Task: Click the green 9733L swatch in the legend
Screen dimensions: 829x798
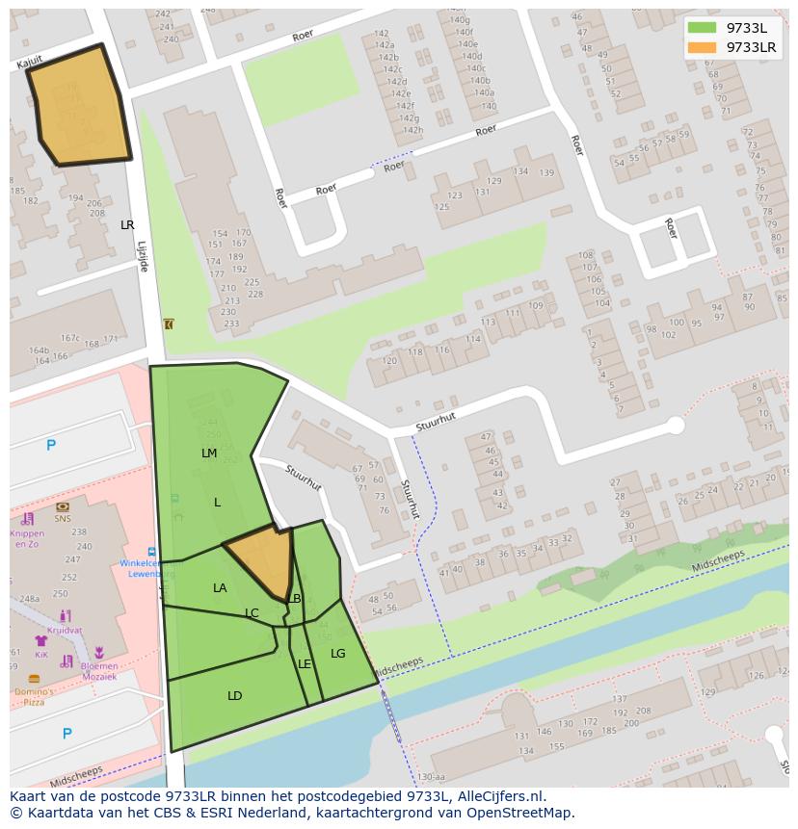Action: coord(702,28)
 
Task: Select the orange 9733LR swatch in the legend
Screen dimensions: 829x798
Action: coord(702,47)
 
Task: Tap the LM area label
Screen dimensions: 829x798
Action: coord(209,453)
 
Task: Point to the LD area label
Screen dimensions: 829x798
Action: coord(234,695)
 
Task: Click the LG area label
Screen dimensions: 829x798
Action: coord(337,653)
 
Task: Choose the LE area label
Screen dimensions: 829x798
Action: coord(305,664)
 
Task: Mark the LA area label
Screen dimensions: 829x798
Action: coord(220,587)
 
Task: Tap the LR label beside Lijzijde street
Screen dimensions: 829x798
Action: coord(127,224)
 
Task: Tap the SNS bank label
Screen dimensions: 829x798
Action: coord(63,518)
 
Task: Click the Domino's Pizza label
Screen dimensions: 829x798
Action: coord(34,696)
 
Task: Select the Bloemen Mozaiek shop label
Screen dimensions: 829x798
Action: coord(98,671)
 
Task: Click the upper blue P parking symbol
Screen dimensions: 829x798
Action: coord(51,445)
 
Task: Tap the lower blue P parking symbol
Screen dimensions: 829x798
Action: coord(66,734)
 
